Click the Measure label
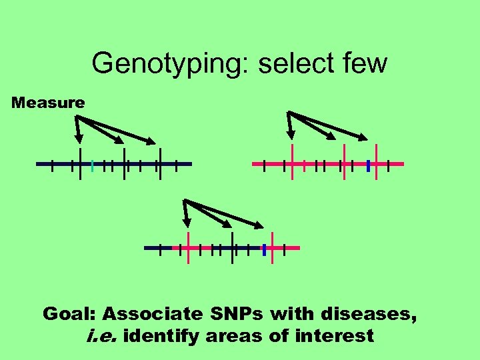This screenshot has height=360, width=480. tap(49, 103)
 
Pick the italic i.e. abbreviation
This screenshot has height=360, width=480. tap(101, 336)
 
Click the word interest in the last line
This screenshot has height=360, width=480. tap(333, 336)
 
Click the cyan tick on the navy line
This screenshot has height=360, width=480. tap(92, 164)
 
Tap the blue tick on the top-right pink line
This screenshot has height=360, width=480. tap(368, 164)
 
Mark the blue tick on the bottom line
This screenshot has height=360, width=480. tap(265, 249)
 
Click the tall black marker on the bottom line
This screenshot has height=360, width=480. tap(232, 247)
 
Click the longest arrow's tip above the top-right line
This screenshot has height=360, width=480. tap(366, 140)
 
